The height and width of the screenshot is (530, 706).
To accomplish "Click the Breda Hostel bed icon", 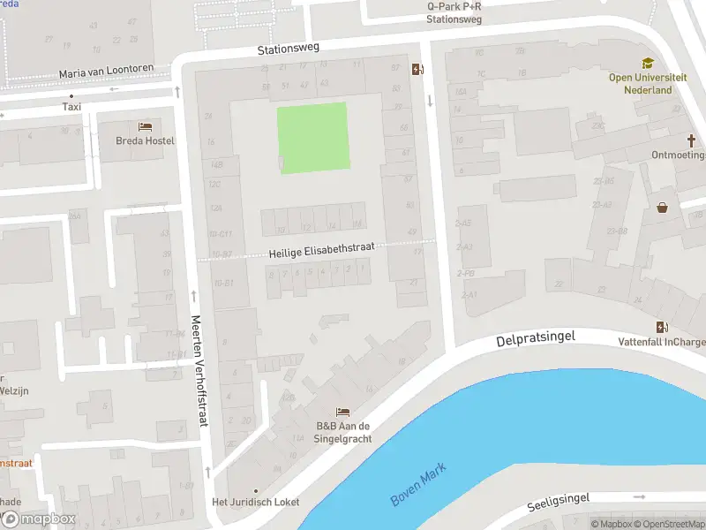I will (x=145, y=126).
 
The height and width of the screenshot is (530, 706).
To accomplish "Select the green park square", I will (x=313, y=138).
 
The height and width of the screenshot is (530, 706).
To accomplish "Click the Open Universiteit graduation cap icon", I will (x=648, y=64).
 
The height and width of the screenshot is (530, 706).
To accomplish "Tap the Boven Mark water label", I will (x=418, y=485).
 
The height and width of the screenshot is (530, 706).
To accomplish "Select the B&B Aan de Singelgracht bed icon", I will (x=343, y=413).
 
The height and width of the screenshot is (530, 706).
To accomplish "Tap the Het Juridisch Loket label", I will (x=256, y=502).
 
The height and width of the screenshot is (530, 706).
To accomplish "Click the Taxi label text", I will (x=71, y=107).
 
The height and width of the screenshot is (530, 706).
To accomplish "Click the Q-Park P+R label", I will (x=454, y=6).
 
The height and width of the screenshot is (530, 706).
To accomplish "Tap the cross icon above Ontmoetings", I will (x=692, y=140).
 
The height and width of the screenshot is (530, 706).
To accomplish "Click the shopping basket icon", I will (x=663, y=208).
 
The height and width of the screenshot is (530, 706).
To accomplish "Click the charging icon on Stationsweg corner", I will (x=417, y=69).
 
